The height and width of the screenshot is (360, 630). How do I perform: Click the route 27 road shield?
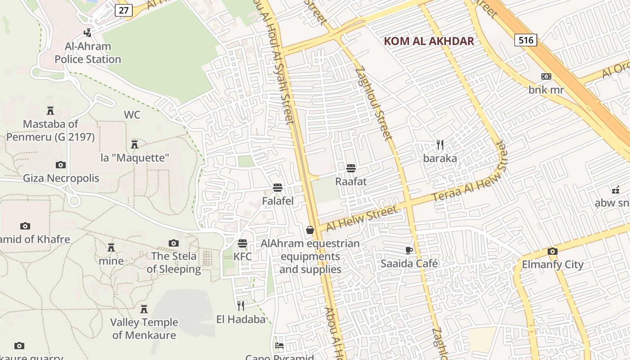123,10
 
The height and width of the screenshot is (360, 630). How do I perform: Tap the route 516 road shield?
526,40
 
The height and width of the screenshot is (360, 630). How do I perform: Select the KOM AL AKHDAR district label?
429,41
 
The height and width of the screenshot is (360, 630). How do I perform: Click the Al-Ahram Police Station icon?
88,32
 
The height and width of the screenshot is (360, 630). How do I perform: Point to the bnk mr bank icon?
546,76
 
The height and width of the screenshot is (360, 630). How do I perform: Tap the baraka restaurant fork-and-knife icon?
440,145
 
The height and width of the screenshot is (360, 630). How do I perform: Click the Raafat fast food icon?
351,168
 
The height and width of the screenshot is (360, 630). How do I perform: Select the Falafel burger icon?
278,188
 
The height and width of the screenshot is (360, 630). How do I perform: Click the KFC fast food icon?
243,243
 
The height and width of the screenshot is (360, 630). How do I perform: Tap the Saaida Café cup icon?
409,250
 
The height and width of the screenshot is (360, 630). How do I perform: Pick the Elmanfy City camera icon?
553,251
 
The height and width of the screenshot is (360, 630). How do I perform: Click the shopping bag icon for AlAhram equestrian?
310,230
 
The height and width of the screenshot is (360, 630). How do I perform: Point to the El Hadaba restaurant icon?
241,306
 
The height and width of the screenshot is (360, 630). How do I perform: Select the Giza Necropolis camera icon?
61,165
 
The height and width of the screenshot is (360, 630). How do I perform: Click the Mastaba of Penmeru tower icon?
50,110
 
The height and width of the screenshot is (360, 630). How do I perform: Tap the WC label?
132,115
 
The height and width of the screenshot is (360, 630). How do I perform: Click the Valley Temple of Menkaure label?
144,328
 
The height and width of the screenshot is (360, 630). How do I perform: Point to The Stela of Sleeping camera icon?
174,243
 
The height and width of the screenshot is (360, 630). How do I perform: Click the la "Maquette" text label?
135,158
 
